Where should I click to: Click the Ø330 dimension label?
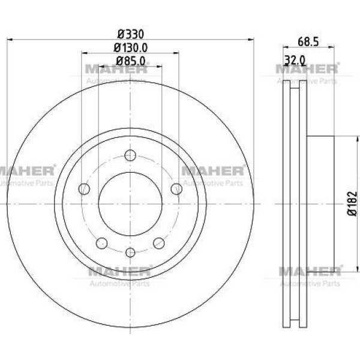point(130,34)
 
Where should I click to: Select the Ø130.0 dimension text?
point(130,48)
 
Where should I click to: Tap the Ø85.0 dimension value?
point(130,61)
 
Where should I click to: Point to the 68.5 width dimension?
point(308,42)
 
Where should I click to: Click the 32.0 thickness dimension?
point(295,60)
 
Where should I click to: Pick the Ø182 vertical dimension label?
point(352,203)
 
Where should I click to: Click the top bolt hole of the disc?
point(130,155)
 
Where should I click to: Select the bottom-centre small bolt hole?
point(130,253)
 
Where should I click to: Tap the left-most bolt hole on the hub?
point(84,189)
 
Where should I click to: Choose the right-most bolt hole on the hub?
point(176,189)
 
